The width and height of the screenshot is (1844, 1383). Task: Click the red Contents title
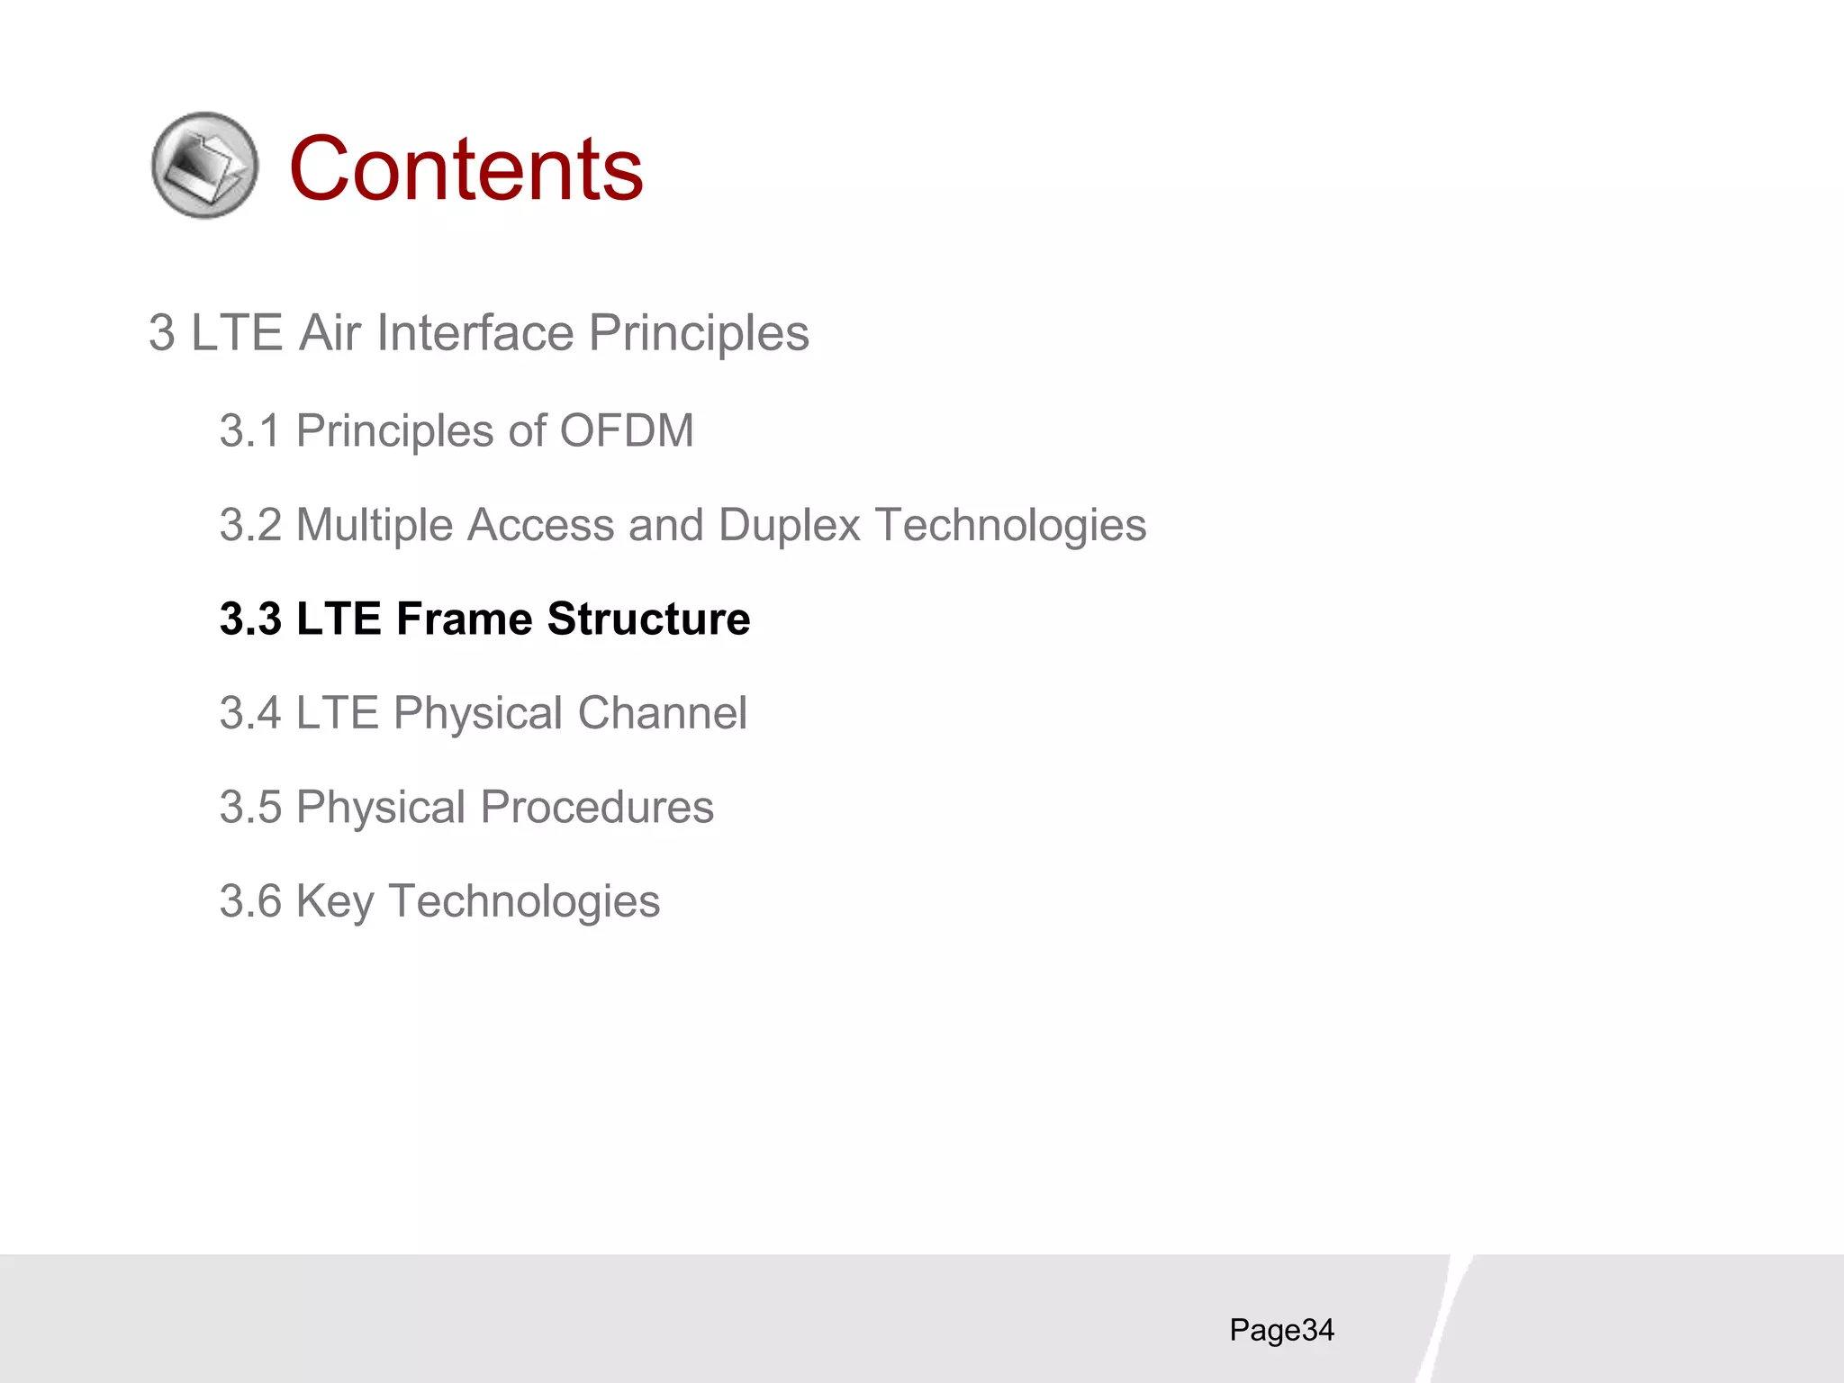pos(466,168)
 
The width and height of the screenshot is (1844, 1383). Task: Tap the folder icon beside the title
pos(205,165)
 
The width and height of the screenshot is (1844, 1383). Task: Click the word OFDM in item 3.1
pos(627,430)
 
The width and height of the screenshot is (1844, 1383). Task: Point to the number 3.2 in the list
pos(250,525)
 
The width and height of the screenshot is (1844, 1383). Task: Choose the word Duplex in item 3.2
pos(789,525)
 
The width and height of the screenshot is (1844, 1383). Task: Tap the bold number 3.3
pos(250,619)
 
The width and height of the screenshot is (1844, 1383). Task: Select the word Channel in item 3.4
pos(662,713)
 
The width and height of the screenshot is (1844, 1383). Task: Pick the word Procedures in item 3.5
pos(596,807)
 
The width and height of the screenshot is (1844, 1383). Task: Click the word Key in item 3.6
pos(334,901)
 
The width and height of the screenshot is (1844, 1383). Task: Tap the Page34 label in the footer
pos(1281,1330)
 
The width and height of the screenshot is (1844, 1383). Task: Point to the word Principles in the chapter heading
pos(699,333)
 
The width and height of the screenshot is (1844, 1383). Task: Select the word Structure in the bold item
pos(648,619)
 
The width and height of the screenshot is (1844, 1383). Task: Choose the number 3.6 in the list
pos(250,901)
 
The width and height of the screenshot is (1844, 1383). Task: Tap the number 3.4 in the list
pos(250,713)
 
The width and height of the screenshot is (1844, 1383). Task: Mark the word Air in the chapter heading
pos(330,333)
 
